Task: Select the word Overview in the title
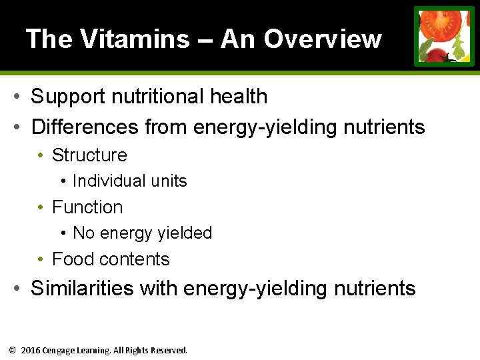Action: click(323, 39)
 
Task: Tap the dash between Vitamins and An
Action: click(205, 40)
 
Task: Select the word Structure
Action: click(89, 155)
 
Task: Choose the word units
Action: click(170, 181)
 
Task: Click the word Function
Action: click(87, 207)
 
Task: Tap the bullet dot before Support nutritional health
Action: click(17, 97)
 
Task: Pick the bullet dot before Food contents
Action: click(41, 259)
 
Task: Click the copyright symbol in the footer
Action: click(12, 350)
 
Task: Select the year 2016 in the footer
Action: click(31, 350)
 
